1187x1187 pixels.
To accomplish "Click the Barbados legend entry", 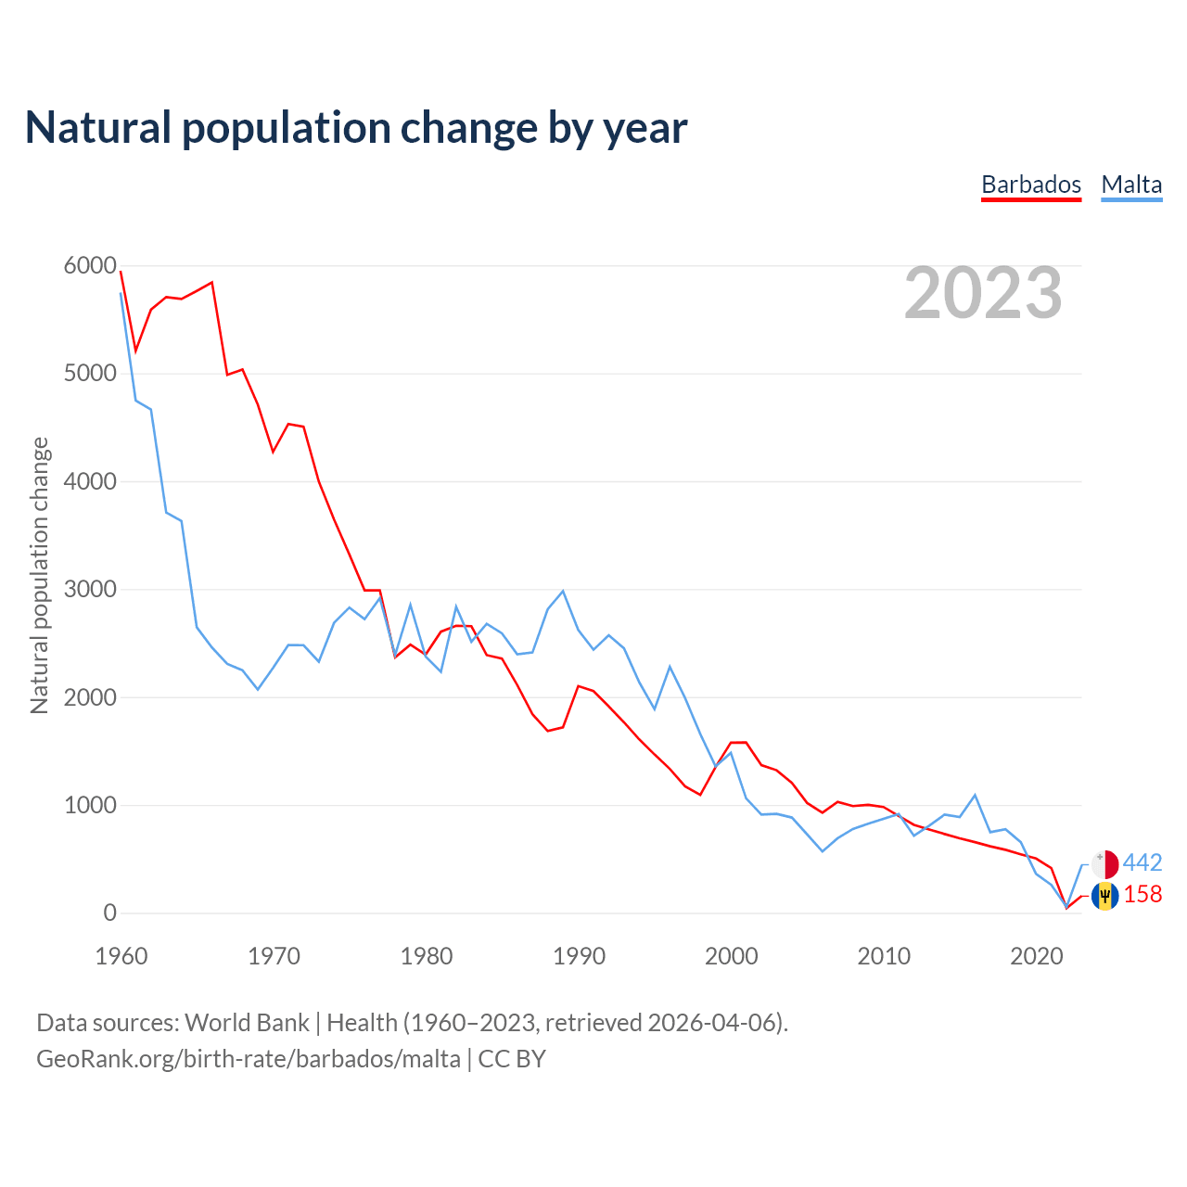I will (x=1031, y=185).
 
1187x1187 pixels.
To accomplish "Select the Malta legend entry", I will (x=1131, y=185).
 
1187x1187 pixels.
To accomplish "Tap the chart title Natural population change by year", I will (x=355, y=128).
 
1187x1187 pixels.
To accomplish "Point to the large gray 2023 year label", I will (x=983, y=293).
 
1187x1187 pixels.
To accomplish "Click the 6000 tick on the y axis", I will (x=90, y=266).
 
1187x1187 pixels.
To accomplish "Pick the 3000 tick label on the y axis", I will (x=90, y=590).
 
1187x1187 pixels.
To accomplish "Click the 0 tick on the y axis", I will (x=110, y=913).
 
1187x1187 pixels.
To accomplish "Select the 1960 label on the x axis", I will (x=121, y=956).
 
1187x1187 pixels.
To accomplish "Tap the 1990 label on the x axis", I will (x=579, y=956).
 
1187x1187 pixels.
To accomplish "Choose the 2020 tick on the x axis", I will (x=1036, y=956).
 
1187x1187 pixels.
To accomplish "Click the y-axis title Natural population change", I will (x=40, y=576).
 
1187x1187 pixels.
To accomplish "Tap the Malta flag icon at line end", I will (x=1105, y=864).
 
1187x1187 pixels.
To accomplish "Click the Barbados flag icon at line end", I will (x=1105, y=896).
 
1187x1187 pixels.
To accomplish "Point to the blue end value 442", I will (x=1142, y=863).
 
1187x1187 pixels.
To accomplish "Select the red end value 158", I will (x=1142, y=895).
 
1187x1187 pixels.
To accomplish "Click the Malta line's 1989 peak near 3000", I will (x=563, y=591).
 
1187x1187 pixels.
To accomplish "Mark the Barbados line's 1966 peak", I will (x=212, y=283).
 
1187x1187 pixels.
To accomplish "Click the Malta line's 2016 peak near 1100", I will (x=975, y=795).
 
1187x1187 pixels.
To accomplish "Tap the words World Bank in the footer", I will (x=247, y=1023).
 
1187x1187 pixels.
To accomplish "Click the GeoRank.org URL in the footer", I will (x=249, y=1059).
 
